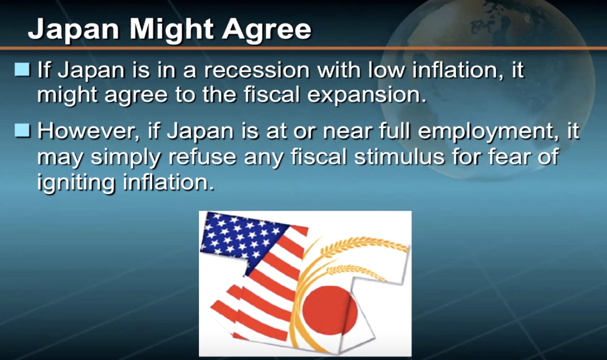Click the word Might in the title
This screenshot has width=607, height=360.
click(x=171, y=30)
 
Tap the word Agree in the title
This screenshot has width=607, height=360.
click(x=267, y=30)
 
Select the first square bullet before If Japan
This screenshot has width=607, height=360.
click(x=22, y=69)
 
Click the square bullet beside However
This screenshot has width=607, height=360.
click(x=22, y=131)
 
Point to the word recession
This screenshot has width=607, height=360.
click(x=257, y=70)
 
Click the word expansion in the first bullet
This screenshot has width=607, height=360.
click(x=367, y=95)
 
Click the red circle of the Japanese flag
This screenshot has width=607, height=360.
click(x=329, y=311)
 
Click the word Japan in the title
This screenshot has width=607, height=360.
click(x=73, y=30)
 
